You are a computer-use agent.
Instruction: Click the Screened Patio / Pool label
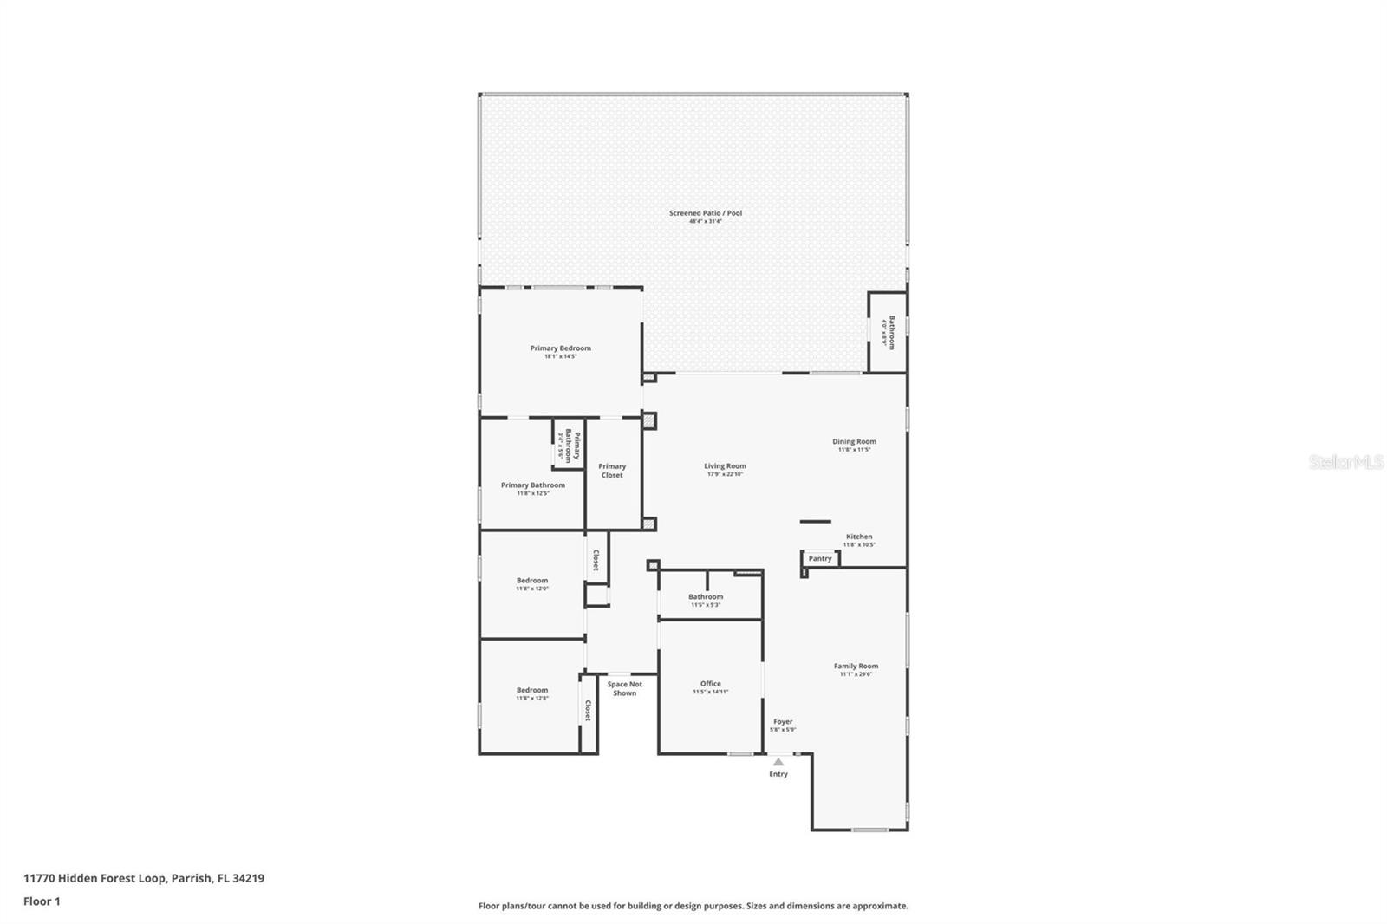point(705,213)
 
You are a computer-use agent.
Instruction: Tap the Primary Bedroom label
point(560,348)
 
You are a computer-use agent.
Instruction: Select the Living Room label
point(725,466)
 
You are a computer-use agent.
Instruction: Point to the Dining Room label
point(854,442)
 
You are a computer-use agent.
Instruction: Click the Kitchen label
point(859,537)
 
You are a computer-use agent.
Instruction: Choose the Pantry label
point(819,559)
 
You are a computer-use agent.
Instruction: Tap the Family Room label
point(856,667)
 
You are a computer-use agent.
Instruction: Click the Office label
point(710,684)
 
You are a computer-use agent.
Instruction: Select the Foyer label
point(783,722)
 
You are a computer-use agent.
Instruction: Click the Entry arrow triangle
point(778,762)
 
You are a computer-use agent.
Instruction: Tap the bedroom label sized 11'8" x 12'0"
point(532,581)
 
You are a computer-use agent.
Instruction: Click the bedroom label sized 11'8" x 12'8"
point(532,691)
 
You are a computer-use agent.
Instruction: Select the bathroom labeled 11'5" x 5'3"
point(706,597)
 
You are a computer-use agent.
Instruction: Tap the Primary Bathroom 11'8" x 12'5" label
point(533,485)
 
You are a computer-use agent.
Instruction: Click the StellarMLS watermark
point(1345,463)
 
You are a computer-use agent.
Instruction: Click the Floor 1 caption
point(42,901)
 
